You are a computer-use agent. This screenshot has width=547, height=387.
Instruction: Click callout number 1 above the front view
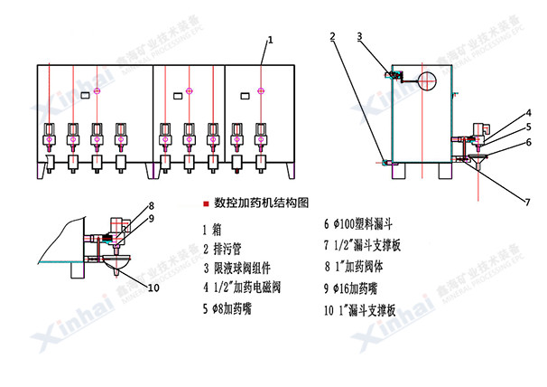point(272,39)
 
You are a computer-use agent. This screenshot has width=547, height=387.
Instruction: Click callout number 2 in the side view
point(332,36)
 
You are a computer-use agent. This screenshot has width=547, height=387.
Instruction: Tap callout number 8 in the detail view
point(152,205)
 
